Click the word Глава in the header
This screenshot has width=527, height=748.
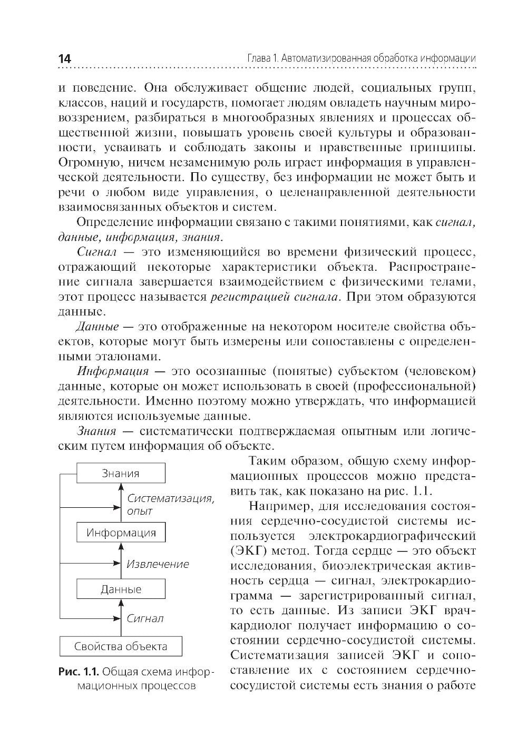[x=260, y=58]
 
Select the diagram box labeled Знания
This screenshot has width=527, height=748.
[x=121, y=473]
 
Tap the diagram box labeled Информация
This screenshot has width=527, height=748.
[x=121, y=532]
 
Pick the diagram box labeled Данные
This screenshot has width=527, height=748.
[x=121, y=589]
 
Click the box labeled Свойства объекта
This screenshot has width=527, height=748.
[x=121, y=646]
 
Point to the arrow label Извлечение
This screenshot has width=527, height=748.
[x=158, y=564]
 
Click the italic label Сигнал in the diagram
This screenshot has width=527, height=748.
[x=145, y=618]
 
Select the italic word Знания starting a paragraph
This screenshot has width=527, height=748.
[x=96, y=431]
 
